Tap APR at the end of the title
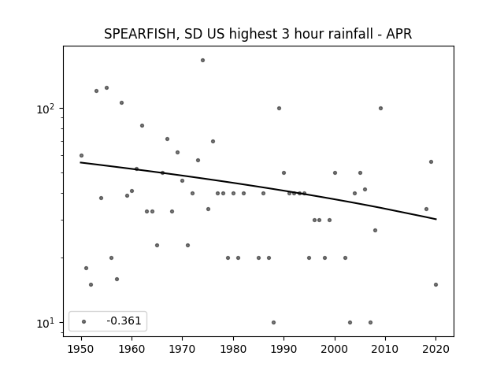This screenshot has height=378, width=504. pos(399,34)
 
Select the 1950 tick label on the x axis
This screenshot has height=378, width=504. pos(81,349)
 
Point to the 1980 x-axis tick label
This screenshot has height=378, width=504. pos(233,349)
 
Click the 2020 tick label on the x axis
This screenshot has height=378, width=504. pos(435,349)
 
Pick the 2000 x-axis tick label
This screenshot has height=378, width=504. pos(335,349)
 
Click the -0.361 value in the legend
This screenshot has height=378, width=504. pos(124,321)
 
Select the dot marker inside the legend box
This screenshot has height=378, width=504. pos(84,321)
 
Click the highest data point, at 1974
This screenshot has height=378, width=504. pos(202,60)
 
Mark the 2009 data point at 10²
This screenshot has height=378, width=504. pos(380,109)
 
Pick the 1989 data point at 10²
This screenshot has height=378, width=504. pos(279,109)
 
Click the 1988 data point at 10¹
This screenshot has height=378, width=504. pos(273,322)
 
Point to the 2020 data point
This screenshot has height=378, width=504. pos(435,284)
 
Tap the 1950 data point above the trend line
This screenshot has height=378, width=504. pos(81,156)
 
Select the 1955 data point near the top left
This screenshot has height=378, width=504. pos(106,87)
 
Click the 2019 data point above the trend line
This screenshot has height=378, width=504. pos(431,161)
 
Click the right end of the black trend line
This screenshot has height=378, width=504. pos(436,219)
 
